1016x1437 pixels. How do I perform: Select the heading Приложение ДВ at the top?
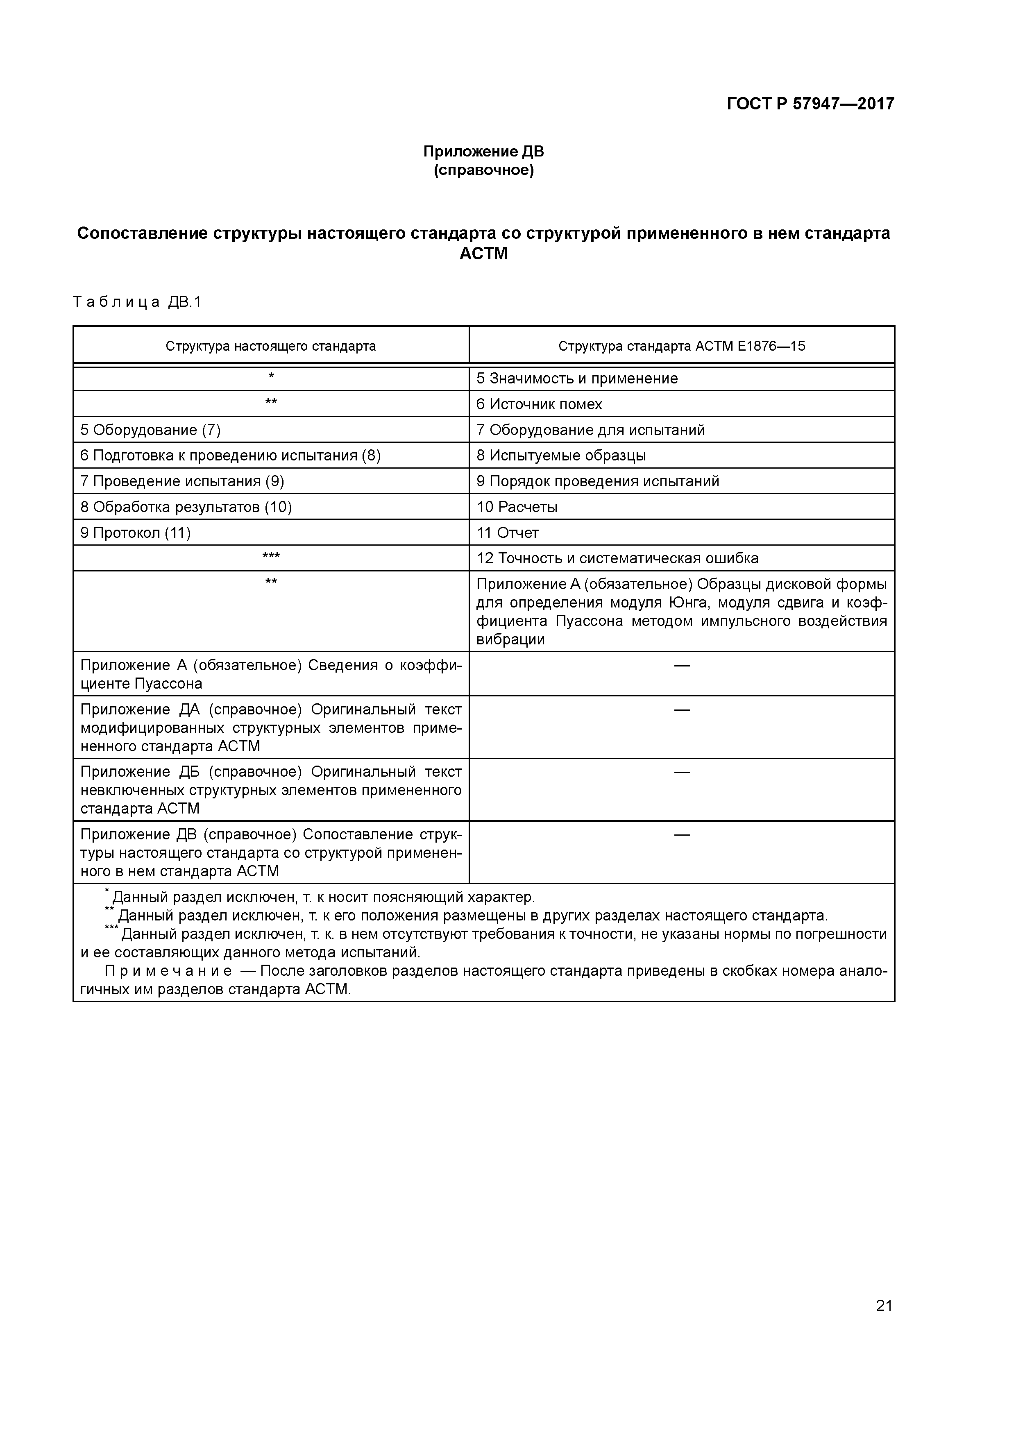pos(483,152)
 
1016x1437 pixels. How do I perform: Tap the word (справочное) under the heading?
pos(483,170)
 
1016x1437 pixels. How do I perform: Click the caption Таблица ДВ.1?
pos(138,302)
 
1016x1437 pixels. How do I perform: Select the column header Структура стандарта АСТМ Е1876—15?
pos(681,346)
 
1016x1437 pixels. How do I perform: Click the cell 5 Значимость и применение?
pos(576,379)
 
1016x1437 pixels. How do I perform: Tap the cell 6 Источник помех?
pos(539,404)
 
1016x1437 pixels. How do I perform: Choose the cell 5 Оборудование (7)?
pos(150,430)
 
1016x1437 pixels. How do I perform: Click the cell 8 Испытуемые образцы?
pos(561,456)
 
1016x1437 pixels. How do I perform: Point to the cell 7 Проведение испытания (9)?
pos(182,481)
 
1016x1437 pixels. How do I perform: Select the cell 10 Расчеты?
pos(517,507)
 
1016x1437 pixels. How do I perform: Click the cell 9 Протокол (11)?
pos(135,533)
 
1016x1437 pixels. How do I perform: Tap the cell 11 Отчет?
pos(507,533)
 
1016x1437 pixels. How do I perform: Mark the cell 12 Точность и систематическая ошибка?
pos(617,558)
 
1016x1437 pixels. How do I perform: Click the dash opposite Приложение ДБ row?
pos(681,772)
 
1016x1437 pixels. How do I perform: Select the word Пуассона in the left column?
pos(168,683)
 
